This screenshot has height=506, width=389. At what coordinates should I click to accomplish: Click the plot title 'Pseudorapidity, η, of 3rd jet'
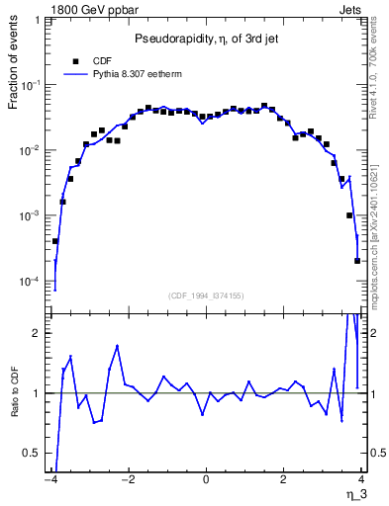[x=205, y=39]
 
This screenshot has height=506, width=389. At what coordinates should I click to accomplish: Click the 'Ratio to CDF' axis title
[x=15, y=407]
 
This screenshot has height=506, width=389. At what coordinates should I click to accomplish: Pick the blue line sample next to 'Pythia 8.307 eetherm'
[x=75, y=73]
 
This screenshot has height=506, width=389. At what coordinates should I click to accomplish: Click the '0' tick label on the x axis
[x=205, y=481]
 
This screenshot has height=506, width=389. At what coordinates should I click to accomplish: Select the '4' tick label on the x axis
[x=361, y=481]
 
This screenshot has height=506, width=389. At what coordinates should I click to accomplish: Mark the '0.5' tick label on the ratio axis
[x=36, y=454]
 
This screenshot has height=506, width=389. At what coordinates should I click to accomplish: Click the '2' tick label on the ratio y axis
[x=41, y=333]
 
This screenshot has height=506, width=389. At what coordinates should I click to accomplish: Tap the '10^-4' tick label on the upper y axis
[x=33, y=282]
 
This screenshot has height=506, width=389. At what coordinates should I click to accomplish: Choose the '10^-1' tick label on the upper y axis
[x=33, y=86]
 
